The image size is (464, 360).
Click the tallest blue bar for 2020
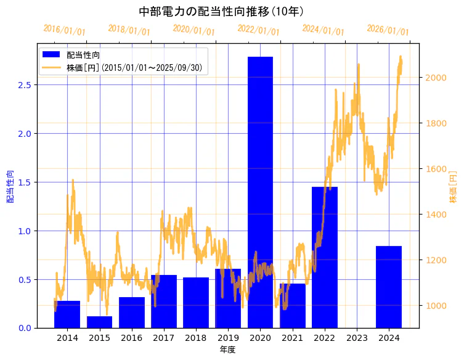point(260,191)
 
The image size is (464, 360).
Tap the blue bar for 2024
point(389,287)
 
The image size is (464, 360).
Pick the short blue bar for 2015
point(99,322)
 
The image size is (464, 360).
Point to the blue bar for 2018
point(196,303)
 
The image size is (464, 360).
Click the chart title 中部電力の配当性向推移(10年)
point(221,11)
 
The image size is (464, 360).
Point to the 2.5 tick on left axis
point(23,85)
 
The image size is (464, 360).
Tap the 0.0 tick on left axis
point(23,328)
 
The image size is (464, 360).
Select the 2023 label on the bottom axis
point(357,338)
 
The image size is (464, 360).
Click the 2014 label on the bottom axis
point(67,338)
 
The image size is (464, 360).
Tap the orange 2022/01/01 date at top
point(258,30)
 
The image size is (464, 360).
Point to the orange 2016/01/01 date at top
point(64,30)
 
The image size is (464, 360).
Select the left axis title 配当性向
point(10,186)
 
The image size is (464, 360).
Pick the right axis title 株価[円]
point(454,186)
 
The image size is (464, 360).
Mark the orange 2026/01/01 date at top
point(388,30)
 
